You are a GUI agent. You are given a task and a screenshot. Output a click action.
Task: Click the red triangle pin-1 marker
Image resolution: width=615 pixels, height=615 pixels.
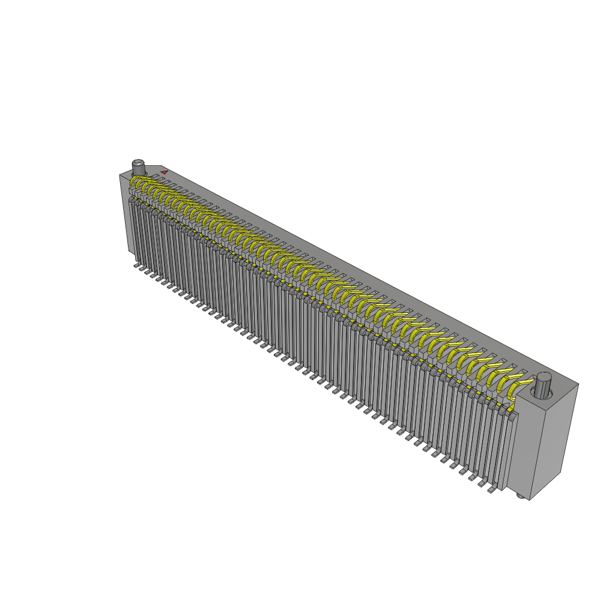[164, 172]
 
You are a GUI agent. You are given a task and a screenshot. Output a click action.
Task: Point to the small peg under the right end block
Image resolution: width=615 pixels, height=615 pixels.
[520, 496]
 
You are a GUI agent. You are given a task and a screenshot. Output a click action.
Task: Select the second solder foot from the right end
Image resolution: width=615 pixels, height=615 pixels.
[483, 484]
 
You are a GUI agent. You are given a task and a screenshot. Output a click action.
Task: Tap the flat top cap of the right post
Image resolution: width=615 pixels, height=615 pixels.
[544, 376]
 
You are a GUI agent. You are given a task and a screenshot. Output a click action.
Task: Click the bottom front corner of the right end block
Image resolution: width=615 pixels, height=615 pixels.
[530, 500]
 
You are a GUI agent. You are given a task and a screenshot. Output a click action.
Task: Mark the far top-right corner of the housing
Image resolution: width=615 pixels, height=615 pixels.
[578, 384]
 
